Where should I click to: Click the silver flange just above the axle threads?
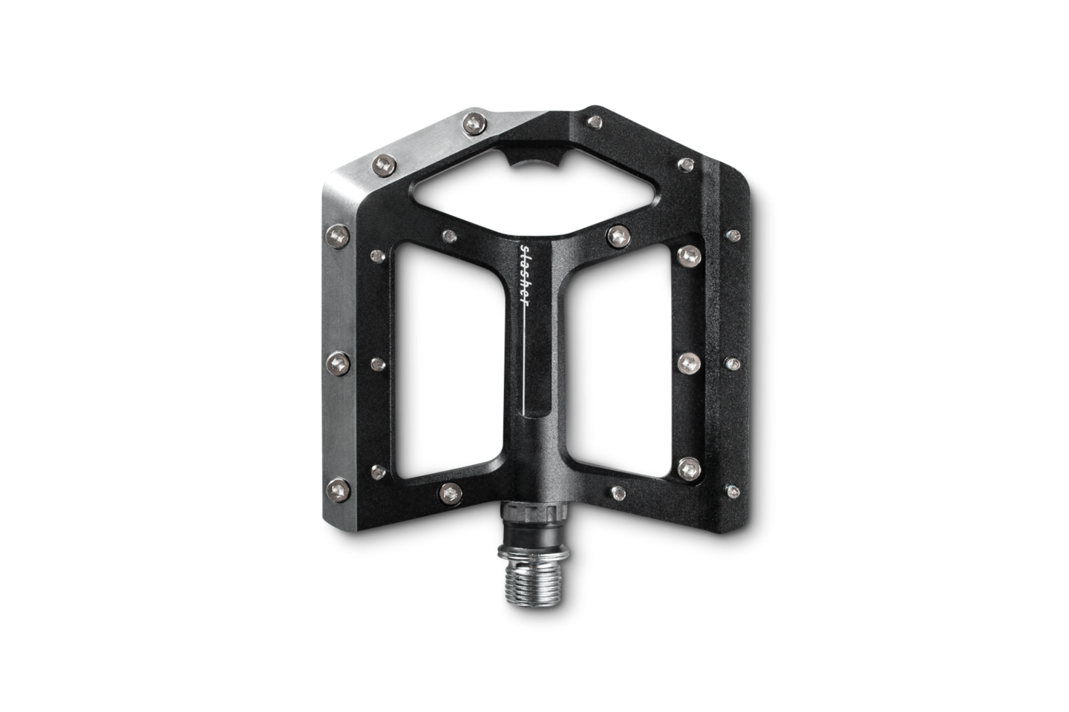click(x=533, y=553)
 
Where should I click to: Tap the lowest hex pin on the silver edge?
click(x=339, y=491)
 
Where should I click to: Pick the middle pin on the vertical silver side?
click(x=339, y=363)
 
